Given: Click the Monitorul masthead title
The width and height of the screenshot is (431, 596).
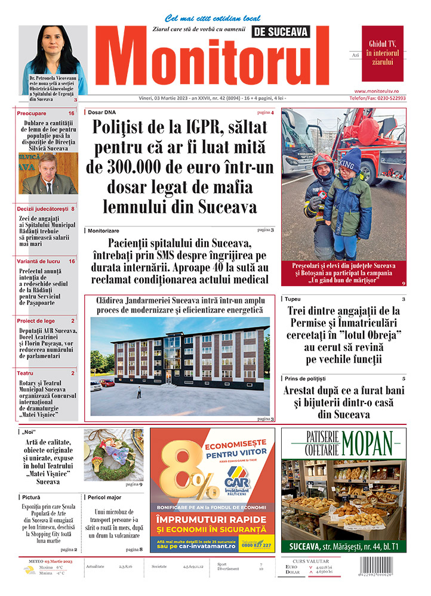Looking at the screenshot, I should pyautogui.click(x=218, y=63).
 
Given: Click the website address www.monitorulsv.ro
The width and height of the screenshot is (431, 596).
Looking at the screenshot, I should pyautogui.click(x=384, y=90).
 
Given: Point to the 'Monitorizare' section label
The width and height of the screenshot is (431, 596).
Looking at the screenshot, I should pyautogui.click(x=103, y=230).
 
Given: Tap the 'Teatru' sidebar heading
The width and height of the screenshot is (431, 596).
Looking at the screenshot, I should pyautogui.click(x=25, y=373).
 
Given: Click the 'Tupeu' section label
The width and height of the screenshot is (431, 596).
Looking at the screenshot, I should pyautogui.click(x=293, y=299).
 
